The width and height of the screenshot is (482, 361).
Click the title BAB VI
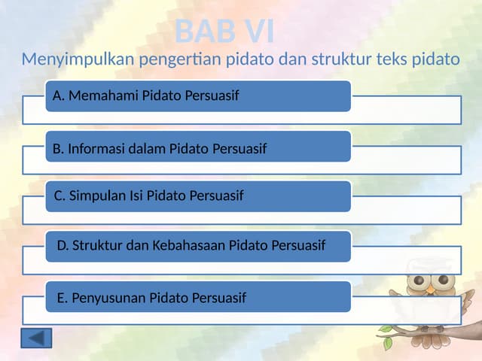point(224,32)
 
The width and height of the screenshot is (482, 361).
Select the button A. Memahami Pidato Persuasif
point(197,96)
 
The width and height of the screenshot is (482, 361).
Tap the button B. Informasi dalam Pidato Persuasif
point(197,147)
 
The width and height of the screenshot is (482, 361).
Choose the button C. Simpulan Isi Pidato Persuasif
point(197,196)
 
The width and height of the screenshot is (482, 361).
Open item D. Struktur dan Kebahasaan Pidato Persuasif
point(197,246)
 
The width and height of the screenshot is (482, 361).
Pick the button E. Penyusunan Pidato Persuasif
point(197,296)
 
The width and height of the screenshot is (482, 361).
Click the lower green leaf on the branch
point(388,343)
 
